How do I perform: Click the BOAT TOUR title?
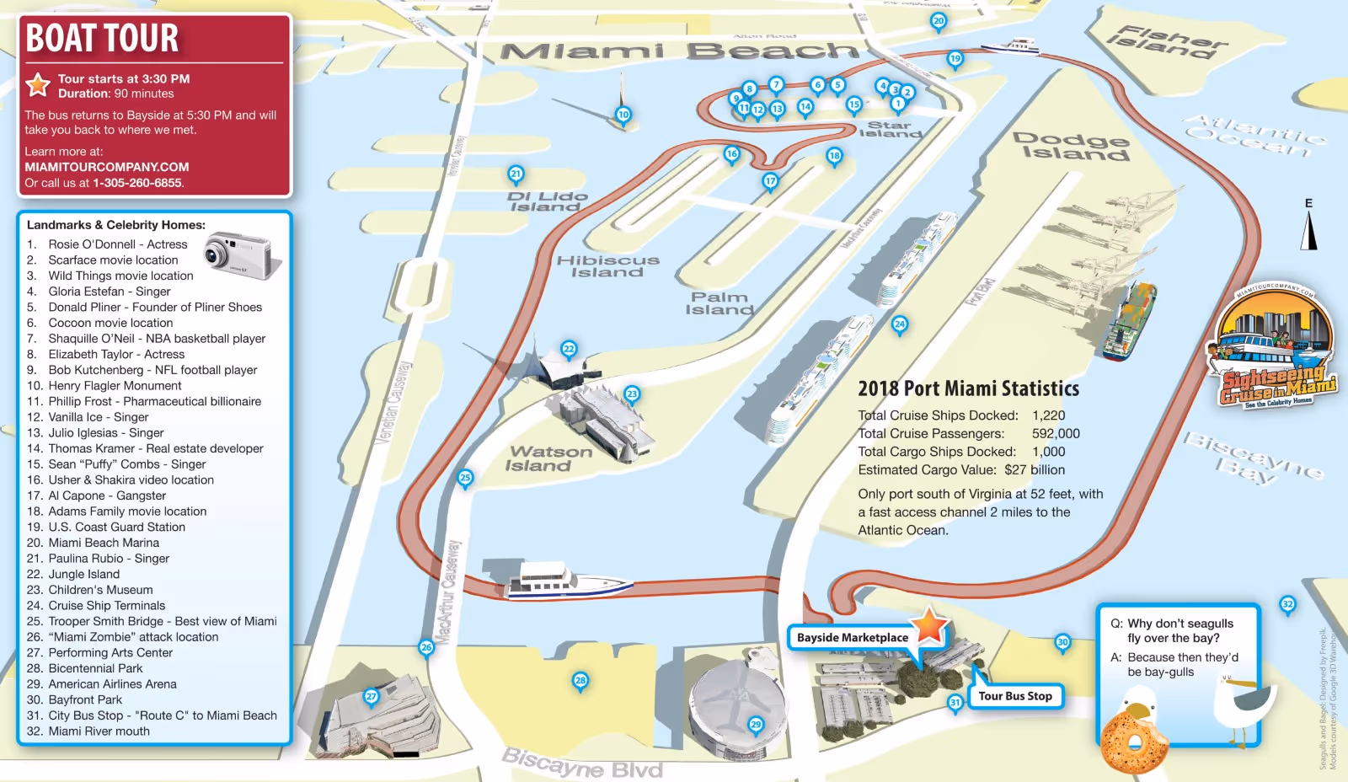(x=103, y=39)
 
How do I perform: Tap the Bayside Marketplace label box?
(x=853, y=638)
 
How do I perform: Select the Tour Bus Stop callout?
(x=1015, y=696)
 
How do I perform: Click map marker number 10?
(x=623, y=115)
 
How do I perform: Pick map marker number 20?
(x=939, y=21)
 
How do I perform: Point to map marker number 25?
(x=465, y=478)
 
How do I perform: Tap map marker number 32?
(x=1287, y=604)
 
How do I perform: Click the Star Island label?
(x=890, y=129)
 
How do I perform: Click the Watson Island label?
(x=550, y=458)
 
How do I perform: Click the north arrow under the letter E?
(x=1308, y=230)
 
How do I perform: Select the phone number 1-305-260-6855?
(x=137, y=183)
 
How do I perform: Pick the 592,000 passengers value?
(x=1056, y=433)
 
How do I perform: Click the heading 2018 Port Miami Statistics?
(x=968, y=388)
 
